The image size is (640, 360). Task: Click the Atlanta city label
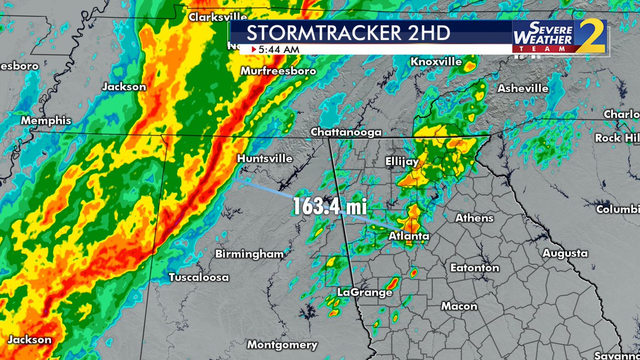(x=410, y=236)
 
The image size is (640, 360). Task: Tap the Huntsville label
(x=265, y=158)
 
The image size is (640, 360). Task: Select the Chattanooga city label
(x=346, y=132)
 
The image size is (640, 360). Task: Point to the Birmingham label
(x=249, y=254)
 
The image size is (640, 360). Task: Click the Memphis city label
(x=46, y=121)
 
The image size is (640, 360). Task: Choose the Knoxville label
(x=436, y=62)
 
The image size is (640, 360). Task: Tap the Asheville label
(x=523, y=88)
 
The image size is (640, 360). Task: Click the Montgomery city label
(x=282, y=345)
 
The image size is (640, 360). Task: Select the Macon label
(x=459, y=306)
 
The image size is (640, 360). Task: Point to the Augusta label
(x=565, y=253)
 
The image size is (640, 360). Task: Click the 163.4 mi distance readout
(x=330, y=205)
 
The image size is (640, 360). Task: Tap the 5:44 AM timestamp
(x=279, y=50)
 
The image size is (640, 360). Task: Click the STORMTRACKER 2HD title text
(x=348, y=33)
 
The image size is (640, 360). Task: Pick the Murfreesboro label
(x=278, y=71)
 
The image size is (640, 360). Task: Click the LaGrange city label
(x=365, y=292)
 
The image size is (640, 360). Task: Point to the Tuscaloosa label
(x=199, y=277)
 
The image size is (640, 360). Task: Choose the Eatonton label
(x=475, y=268)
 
